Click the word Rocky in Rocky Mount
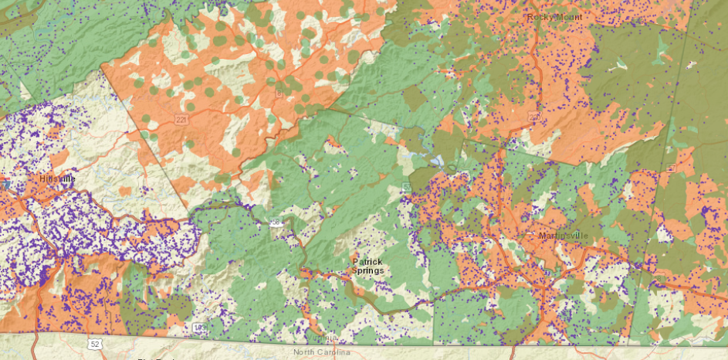tap(539, 16)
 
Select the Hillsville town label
tap(58, 178)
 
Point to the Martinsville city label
tap(561, 235)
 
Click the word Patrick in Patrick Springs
tap(367, 261)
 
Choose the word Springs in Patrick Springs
tap(367, 270)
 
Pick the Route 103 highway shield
tap(198, 328)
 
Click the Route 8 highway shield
tap(279, 92)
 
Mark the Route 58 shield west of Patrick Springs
tap(276, 222)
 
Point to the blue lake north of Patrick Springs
tap(437, 161)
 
